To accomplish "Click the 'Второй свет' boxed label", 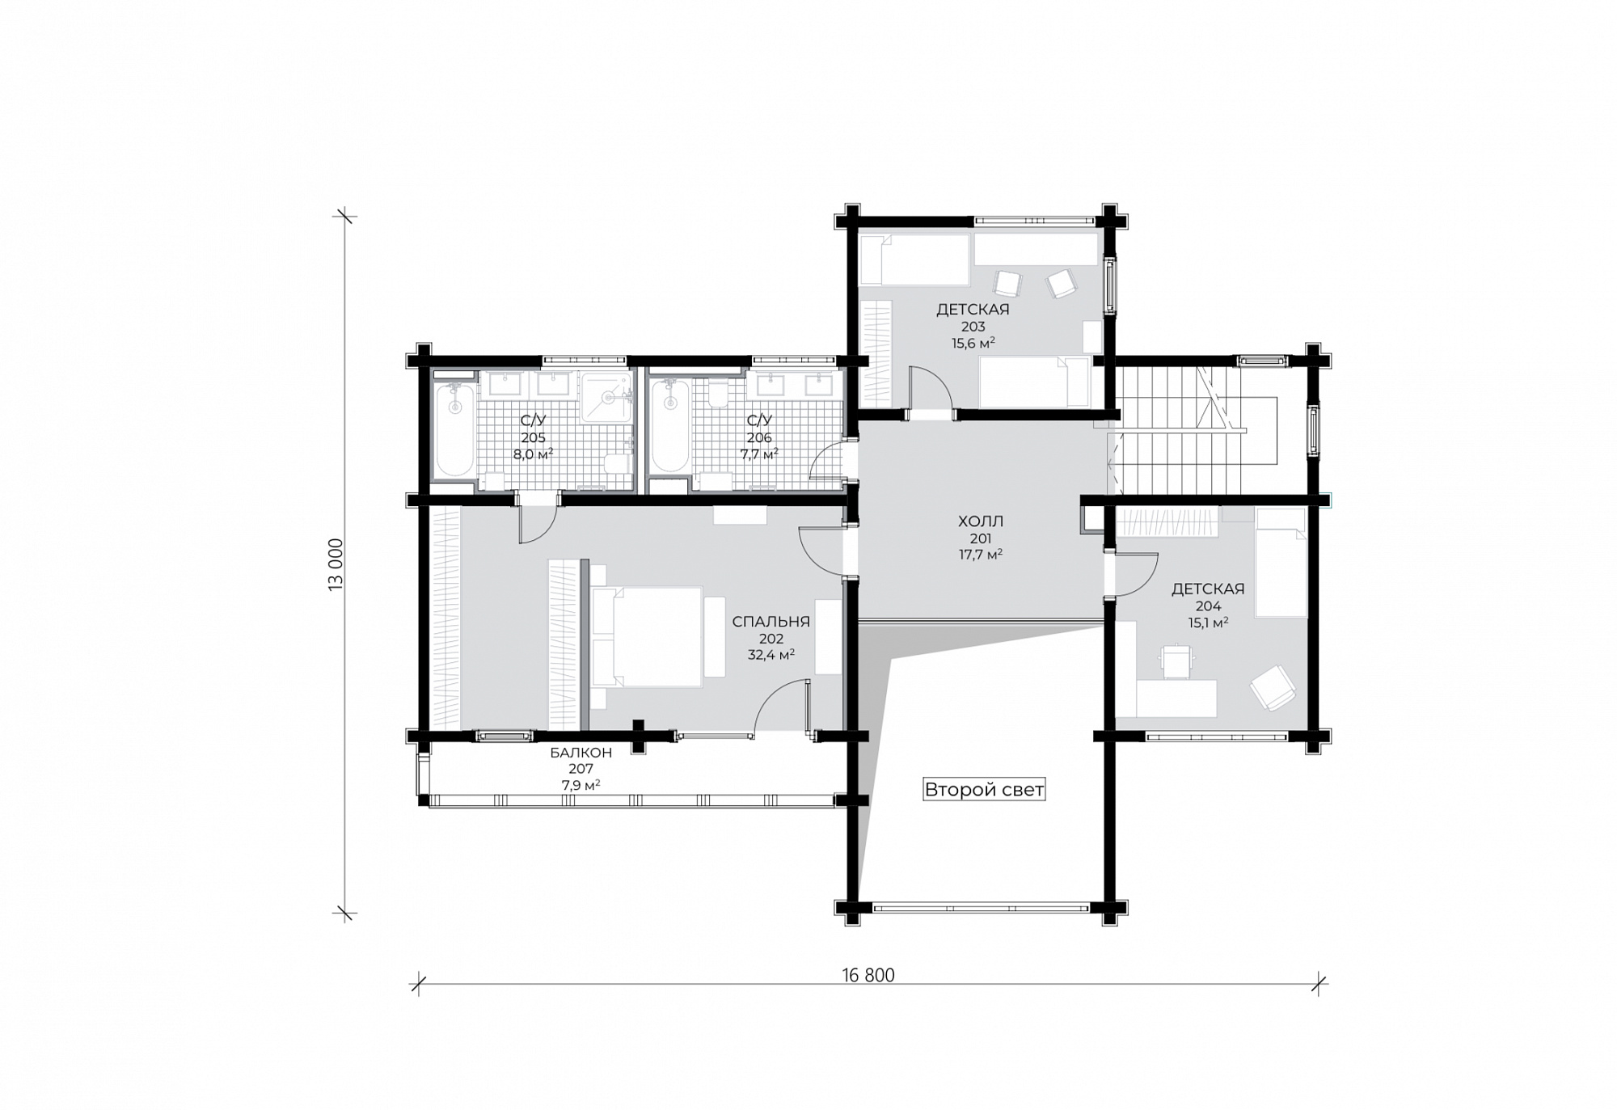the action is pos(984,789).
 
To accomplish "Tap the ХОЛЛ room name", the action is pos(981,521).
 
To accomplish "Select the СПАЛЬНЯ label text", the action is pos(771,622).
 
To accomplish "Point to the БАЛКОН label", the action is pos(581,753).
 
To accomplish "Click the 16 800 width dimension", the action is pos(868,975).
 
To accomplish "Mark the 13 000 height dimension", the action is pos(336,564).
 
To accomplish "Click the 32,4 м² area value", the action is pos(771,655).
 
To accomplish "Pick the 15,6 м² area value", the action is pos(973,343).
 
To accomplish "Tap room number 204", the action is pos(1208,606).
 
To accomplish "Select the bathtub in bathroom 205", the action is pos(454,429).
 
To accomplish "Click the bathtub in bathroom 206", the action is pos(669,426).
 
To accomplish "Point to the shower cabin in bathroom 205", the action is pos(606,397).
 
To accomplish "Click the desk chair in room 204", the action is pos(1177,660).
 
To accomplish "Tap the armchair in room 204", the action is pos(1273,688).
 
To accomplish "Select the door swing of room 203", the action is pos(930,388).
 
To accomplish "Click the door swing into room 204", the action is pos(1135,574).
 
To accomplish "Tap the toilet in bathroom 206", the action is pos(718,393).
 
